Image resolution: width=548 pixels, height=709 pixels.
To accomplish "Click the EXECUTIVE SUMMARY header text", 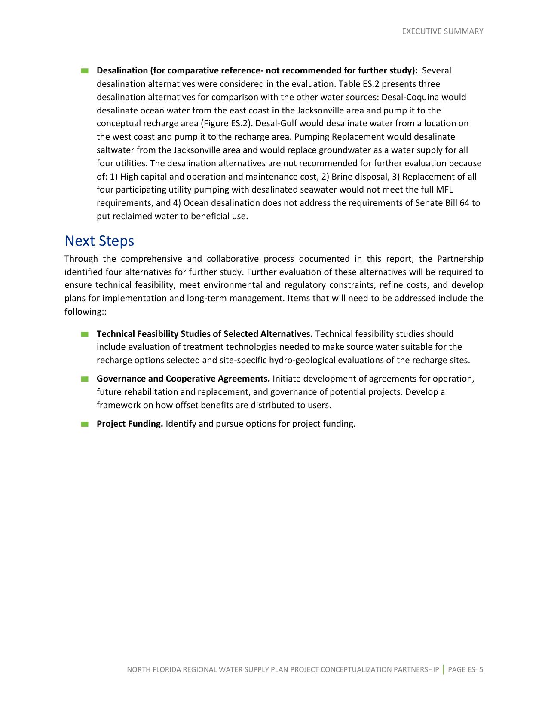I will [x=442, y=31].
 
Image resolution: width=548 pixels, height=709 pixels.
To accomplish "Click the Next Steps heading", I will [x=99, y=241].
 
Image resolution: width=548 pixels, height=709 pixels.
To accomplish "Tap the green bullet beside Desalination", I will [x=84, y=71].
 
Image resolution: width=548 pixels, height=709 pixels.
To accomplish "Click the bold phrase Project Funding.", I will [x=129, y=424].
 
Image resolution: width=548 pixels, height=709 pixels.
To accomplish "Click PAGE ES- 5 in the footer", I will [x=465, y=670].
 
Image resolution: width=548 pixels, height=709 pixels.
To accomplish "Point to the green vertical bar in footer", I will [x=443, y=669].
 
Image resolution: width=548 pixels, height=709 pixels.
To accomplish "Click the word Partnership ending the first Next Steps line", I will [x=460, y=259].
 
